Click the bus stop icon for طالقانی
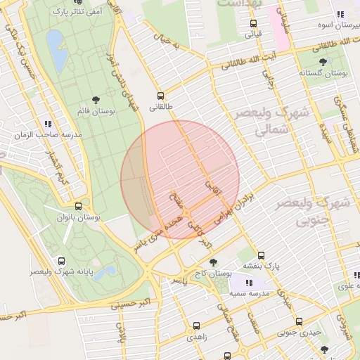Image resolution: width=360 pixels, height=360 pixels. (x=160, y=96)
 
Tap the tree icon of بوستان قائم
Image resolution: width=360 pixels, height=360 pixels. (x=96, y=100)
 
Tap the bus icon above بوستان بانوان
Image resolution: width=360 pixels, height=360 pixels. (x=77, y=207)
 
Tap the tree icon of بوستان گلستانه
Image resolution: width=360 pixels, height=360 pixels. (x=323, y=62)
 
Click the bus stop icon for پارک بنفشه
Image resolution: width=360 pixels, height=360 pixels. (x=262, y=255)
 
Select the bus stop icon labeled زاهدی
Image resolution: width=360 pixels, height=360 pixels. (x=195, y=326)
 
